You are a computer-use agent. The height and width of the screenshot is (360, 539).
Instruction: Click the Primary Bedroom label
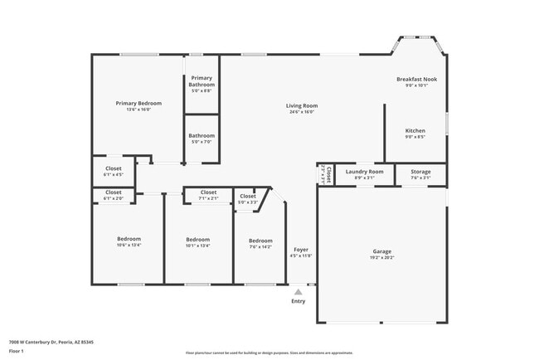[x=138, y=103]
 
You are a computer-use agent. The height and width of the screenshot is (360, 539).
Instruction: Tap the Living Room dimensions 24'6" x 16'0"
[x=302, y=112]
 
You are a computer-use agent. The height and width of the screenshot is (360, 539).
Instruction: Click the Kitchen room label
[x=415, y=131]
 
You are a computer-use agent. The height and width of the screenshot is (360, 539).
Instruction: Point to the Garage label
[x=381, y=251]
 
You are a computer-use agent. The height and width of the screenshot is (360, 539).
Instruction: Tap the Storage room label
[x=421, y=172]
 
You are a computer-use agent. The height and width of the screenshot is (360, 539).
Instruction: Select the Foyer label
[x=300, y=250]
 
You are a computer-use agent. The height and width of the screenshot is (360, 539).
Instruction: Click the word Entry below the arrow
[x=299, y=301]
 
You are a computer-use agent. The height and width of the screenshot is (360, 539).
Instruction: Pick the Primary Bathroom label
[x=202, y=81]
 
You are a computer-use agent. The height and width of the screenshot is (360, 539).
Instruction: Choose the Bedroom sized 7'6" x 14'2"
[x=260, y=243]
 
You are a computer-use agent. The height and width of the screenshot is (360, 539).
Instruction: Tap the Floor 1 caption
[x=17, y=352]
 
